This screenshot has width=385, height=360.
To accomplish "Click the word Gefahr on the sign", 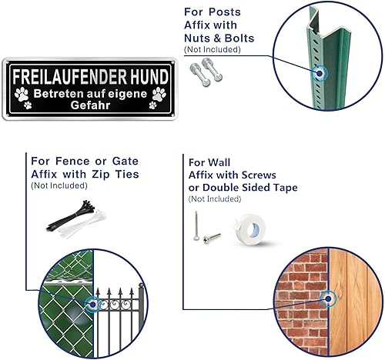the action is point(90,105).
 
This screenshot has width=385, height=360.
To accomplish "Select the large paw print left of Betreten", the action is point(22,94).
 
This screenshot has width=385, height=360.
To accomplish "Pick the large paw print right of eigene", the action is point(159,94).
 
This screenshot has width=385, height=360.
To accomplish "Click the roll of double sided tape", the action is point(249,229).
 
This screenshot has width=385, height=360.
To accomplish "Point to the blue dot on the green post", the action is point(320,73).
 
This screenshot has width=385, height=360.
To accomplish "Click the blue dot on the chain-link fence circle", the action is point(92,305).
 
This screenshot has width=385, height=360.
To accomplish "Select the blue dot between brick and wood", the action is point(328,298).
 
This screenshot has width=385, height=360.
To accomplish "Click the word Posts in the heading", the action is point(225,12).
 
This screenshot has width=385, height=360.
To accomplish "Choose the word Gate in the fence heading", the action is point(126,161).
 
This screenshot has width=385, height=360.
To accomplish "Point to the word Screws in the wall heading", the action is point(259,175).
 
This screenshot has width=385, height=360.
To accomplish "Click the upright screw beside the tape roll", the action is point(196,225).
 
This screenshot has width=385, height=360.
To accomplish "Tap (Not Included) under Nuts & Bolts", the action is point(213,49).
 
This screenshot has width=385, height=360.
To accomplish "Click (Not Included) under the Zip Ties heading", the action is point(59,185).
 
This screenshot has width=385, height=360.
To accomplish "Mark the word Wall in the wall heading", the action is point(219,162).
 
